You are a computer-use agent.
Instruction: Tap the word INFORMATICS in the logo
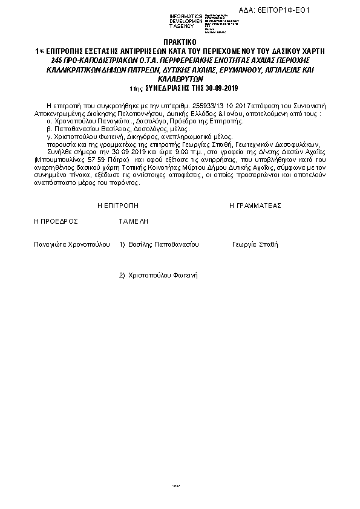pos(186,16)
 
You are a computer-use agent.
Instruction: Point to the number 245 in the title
pos(59,61)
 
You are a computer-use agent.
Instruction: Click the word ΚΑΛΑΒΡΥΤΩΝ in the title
pos(180,79)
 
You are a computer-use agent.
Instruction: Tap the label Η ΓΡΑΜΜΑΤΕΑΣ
pos(255,206)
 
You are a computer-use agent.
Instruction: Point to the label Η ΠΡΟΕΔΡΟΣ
pos(56,222)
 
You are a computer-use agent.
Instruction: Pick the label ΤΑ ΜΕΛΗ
pos(134,222)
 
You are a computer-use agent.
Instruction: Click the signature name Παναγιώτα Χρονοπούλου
pos(72,245)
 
